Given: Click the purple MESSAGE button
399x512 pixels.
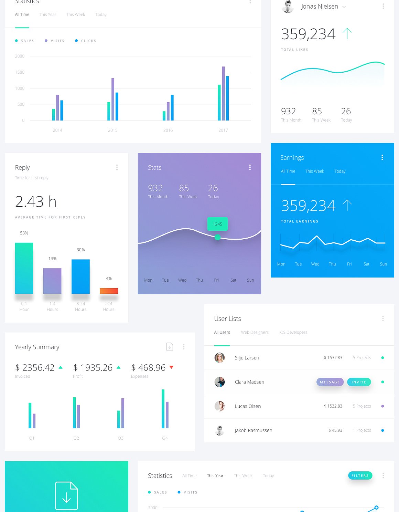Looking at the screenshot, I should (330, 382).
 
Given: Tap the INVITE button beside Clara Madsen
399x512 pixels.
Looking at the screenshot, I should (359, 382).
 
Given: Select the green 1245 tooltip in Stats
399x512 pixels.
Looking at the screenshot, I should (217, 224).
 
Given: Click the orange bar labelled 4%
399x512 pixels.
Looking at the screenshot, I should (109, 291).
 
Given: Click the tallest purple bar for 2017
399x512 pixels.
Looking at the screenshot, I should (223, 93).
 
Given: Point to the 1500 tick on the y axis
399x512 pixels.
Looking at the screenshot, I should (20, 72).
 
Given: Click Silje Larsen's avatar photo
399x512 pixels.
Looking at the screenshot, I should (219, 358).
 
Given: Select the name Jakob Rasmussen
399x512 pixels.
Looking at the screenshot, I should (253, 430).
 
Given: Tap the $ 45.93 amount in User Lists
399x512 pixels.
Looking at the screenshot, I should (335, 430).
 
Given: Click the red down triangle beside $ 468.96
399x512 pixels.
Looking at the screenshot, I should (171, 367).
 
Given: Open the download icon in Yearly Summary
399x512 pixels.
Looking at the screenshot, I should (170, 347).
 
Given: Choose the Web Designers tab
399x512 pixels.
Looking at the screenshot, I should (255, 332).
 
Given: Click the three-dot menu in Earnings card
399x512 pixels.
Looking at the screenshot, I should (382, 157).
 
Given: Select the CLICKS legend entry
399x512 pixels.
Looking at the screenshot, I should (86, 41).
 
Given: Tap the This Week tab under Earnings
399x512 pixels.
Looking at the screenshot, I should (314, 171).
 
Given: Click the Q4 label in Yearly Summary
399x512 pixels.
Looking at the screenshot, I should (165, 438).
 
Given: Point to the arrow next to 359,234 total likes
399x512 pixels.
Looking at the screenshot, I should (347, 33).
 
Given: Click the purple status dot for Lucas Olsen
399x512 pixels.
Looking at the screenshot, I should (382, 406).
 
